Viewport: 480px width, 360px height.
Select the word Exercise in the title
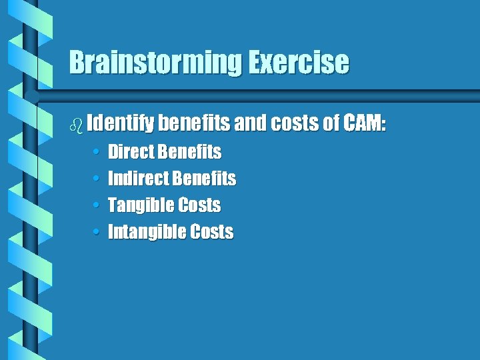(x=299, y=63)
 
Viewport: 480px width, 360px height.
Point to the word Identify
(x=121, y=123)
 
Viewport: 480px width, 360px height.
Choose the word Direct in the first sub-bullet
(x=131, y=152)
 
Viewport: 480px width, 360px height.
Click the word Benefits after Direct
(x=190, y=152)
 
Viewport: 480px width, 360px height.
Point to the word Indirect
(x=138, y=179)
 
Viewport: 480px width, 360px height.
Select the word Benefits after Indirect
(x=204, y=179)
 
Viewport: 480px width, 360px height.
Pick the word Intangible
(x=146, y=232)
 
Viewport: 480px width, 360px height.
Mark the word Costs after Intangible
(x=211, y=232)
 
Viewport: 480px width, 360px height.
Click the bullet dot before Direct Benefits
(x=97, y=153)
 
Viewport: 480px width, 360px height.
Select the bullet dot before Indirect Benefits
(x=97, y=179)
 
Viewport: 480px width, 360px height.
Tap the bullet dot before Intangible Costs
(x=97, y=233)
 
